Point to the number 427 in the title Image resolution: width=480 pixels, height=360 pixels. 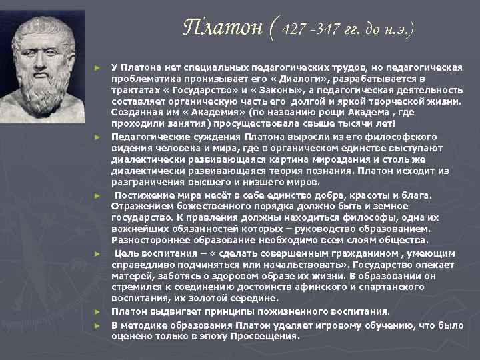[x=295, y=30]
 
